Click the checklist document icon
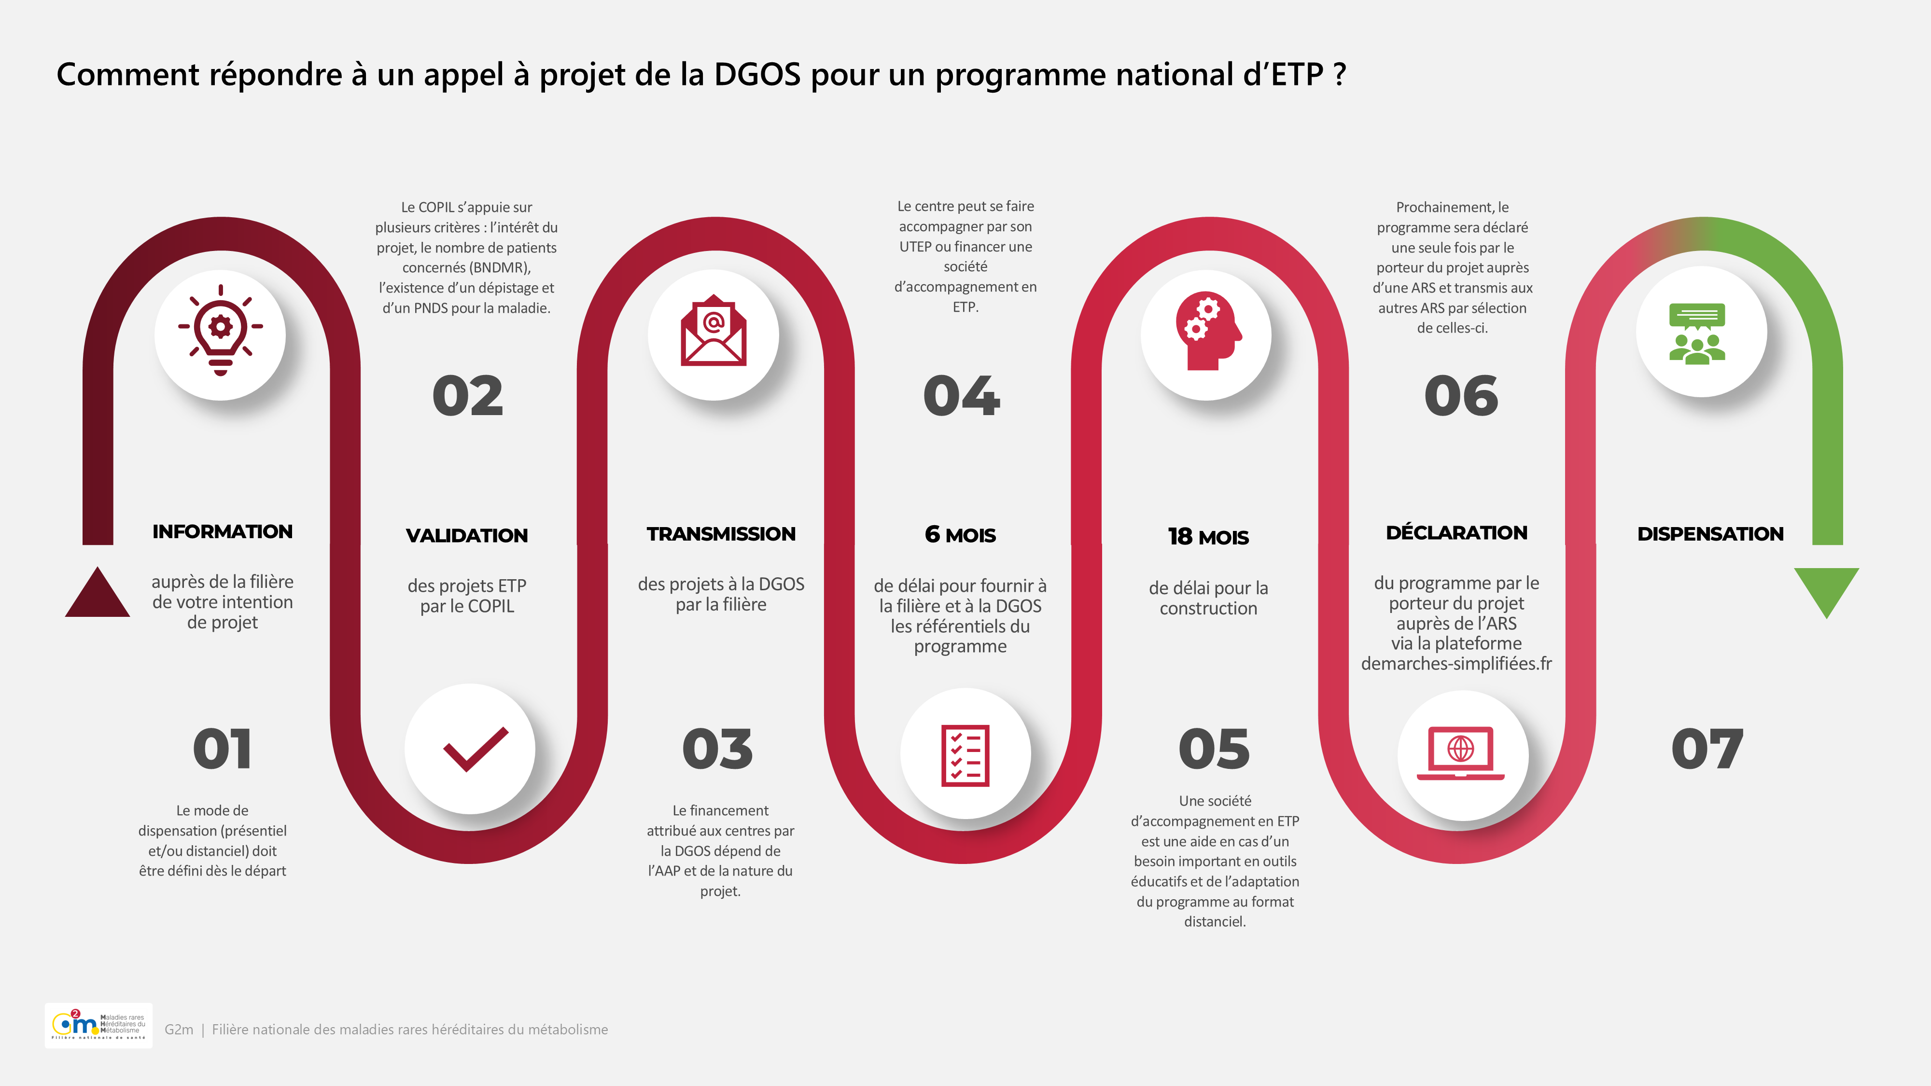965,755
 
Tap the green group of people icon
1697,334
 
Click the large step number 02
468,396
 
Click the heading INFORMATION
223,531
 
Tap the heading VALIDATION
467,535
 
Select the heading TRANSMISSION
721,534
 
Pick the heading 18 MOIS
1208,537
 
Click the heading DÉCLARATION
1456,532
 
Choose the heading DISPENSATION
1710,534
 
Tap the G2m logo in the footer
98,1025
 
